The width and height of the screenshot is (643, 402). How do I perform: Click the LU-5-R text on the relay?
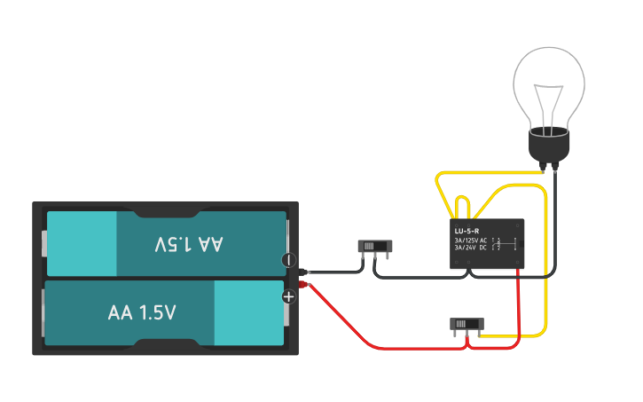click(x=467, y=231)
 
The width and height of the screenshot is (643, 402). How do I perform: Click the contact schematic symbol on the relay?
click(x=504, y=244)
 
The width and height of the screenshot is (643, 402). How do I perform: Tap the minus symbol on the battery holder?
click(x=287, y=260)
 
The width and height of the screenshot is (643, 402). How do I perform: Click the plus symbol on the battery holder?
click(x=288, y=296)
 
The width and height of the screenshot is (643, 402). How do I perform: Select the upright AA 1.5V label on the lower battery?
click(x=142, y=312)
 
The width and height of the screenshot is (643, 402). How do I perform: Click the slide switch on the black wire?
click(x=374, y=246)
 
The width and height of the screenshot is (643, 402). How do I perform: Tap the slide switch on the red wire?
click(x=466, y=324)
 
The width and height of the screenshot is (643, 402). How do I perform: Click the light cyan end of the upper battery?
click(x=82, y=243)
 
